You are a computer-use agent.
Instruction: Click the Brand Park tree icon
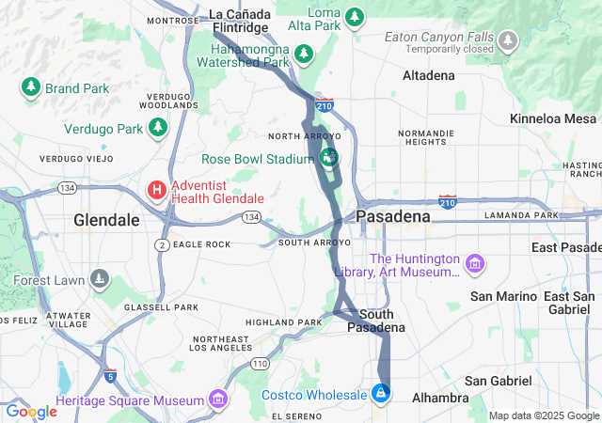point(30,87)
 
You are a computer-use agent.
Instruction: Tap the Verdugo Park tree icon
point(158,127)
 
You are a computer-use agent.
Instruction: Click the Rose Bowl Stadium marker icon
point(329,156)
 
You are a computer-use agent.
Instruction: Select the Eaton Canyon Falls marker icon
point(508,41)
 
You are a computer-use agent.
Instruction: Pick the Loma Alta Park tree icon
point(354,17)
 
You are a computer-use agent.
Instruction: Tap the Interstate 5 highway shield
point(111,376)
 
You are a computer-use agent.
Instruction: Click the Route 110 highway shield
point(260,363)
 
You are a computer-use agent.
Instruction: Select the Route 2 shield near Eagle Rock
point(162,244)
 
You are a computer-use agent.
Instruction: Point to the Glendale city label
point(106,220)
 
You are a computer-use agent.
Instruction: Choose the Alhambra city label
point(440,399)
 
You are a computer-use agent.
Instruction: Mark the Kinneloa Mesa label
point(553,118)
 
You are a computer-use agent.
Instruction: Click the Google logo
point(31,412)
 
